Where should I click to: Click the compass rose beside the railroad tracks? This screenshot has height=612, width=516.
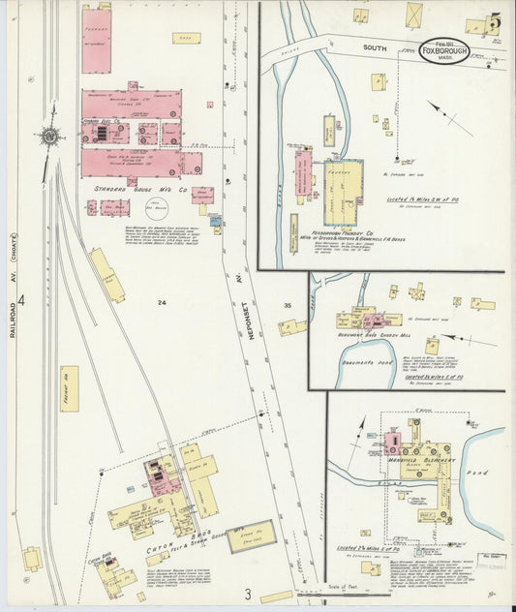(x=50, y=137)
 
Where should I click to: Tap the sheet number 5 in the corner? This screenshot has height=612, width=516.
(x=495, y=20)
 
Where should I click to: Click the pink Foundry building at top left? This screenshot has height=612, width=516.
(x=96, y=40)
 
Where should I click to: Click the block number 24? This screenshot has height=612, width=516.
(x=162, y=303)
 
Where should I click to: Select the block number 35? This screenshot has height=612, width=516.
(x=287, y=306)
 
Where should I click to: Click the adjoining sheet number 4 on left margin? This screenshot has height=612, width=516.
(x=20, y=301)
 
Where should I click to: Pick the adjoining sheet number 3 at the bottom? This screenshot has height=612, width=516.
(x=248, y=593)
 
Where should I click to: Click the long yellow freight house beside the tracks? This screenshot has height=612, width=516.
(x=69, y=388)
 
